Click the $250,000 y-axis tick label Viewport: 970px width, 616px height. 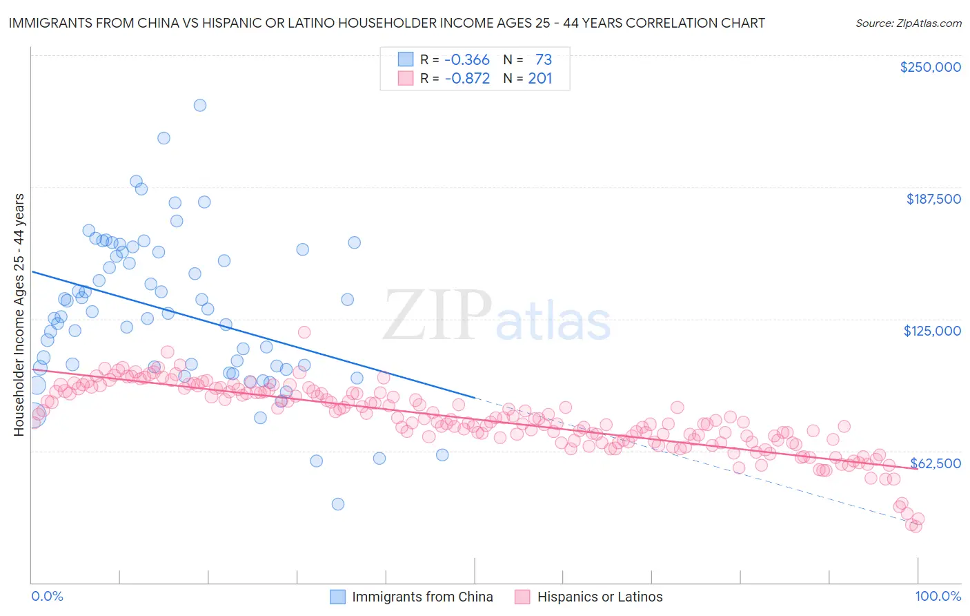click(930, 67)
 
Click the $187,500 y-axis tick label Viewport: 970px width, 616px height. click(933, 199)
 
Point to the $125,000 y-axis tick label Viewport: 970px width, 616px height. click(932, 331)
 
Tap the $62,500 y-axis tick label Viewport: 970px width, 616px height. click(935, 463)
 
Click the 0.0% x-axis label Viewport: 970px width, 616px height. click(47, 596)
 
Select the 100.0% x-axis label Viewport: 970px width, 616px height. click(938, 596)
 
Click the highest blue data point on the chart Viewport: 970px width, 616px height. click(200, 105)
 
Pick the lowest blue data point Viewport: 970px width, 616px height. click(338, 504)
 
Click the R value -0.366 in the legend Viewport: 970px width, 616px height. click(466, 59)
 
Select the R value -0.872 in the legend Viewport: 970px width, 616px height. click(466, 79)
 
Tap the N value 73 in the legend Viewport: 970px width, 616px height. click(543, 59)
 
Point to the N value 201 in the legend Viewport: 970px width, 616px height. click(540, 79)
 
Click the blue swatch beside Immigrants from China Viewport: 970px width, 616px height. click(337, 597)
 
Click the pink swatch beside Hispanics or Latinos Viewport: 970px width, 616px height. click(522, 597)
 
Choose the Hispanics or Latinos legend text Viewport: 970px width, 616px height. click(600, 597)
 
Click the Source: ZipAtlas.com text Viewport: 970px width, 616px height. click(908, 23)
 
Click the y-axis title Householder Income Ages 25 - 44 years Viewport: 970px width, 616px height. click(19, 315)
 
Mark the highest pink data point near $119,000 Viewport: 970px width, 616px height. click(304, 332)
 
